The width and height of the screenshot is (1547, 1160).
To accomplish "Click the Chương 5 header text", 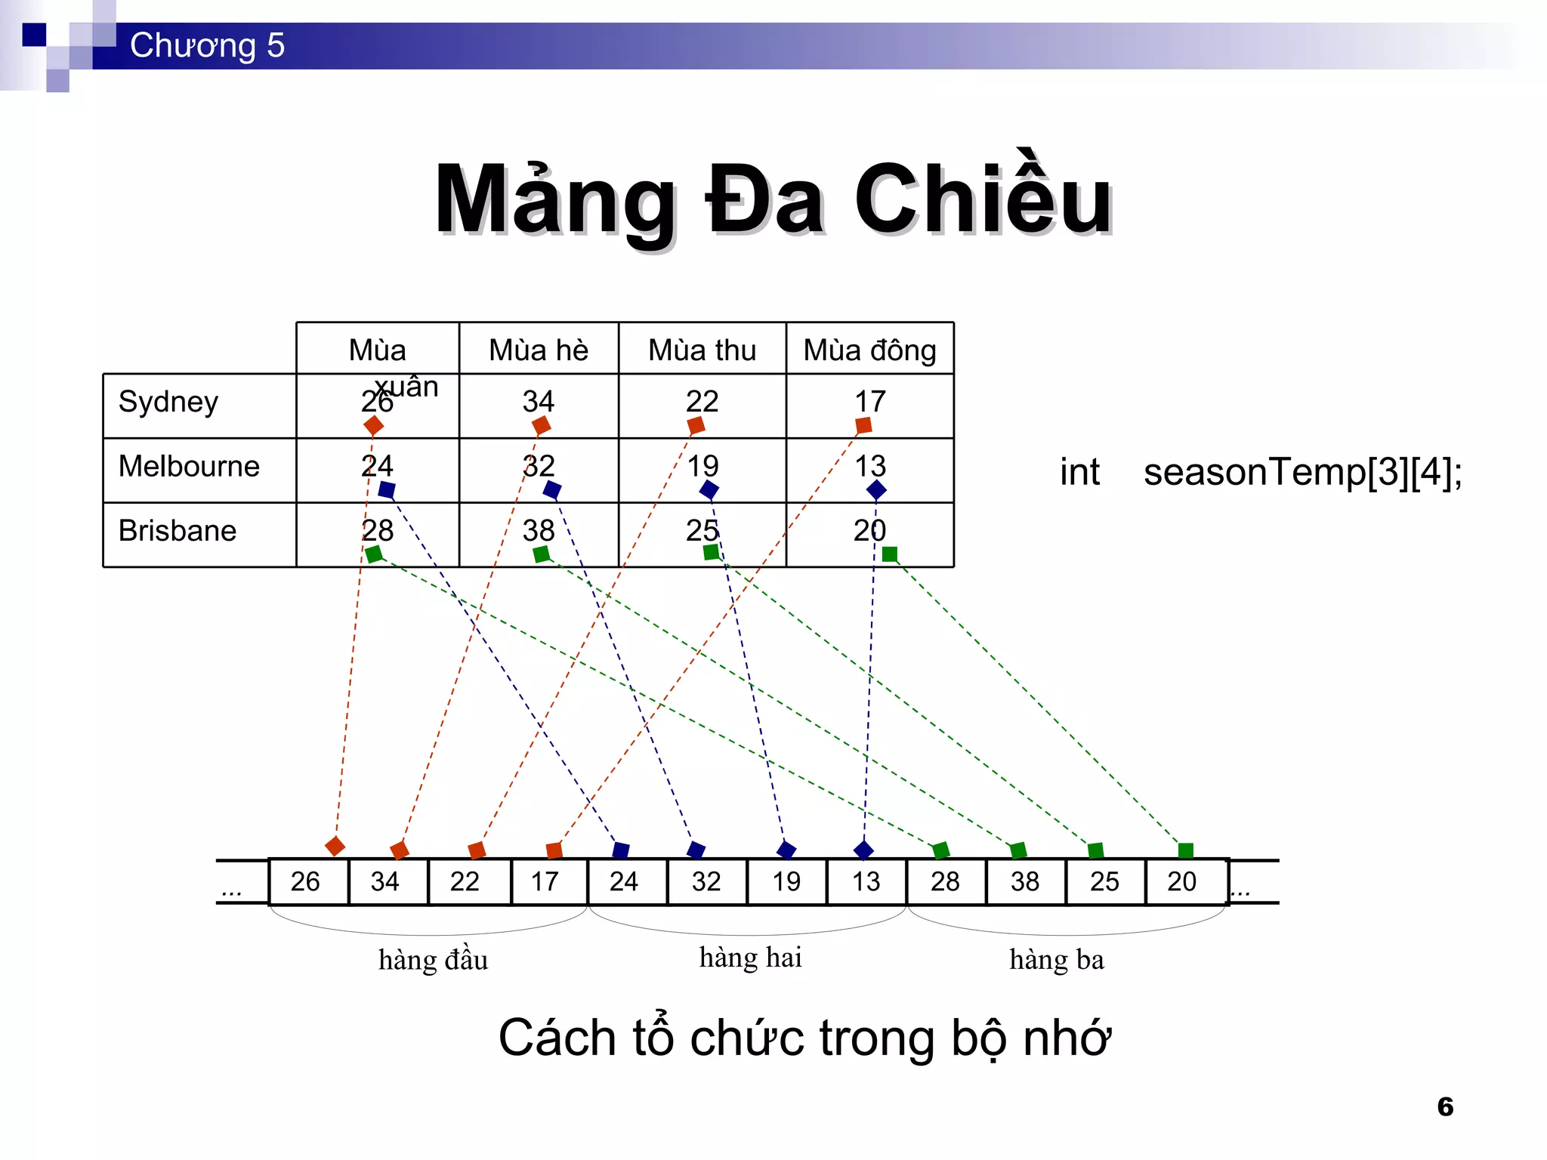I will pos(207,45).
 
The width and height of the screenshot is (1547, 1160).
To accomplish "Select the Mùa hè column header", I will pos(538,350).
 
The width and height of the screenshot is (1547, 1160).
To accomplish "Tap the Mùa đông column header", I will pos(869,350).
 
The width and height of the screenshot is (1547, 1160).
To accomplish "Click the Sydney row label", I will pos(168,402).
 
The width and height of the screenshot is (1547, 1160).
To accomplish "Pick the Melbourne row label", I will pos(189,466).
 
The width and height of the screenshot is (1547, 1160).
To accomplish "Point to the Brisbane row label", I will pos(178,530).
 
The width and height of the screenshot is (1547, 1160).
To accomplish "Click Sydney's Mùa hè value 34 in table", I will pos(538,401).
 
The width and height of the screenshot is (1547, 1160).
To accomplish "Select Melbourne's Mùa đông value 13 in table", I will pos(869,465).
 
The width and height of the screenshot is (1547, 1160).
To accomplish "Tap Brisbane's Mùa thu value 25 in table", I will pos(702,530).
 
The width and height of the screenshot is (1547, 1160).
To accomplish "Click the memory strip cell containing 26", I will pos(305,881).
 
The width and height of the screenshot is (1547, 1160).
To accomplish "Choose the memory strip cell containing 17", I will pos(545,881).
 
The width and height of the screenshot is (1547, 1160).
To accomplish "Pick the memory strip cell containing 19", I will pos(786,881).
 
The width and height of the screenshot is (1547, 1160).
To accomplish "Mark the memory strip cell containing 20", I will pos(1182,881).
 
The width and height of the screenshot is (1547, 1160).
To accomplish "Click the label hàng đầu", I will pos(433,960).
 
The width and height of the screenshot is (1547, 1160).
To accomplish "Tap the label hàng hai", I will pos(750,958).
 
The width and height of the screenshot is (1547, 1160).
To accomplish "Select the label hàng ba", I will pos(1056,960).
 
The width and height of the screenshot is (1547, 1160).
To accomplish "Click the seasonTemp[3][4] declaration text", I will pos(1302,472).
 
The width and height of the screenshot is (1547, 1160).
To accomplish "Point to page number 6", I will pos(1445,1106).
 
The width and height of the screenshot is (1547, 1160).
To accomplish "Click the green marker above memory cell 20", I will pos(1185,851).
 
